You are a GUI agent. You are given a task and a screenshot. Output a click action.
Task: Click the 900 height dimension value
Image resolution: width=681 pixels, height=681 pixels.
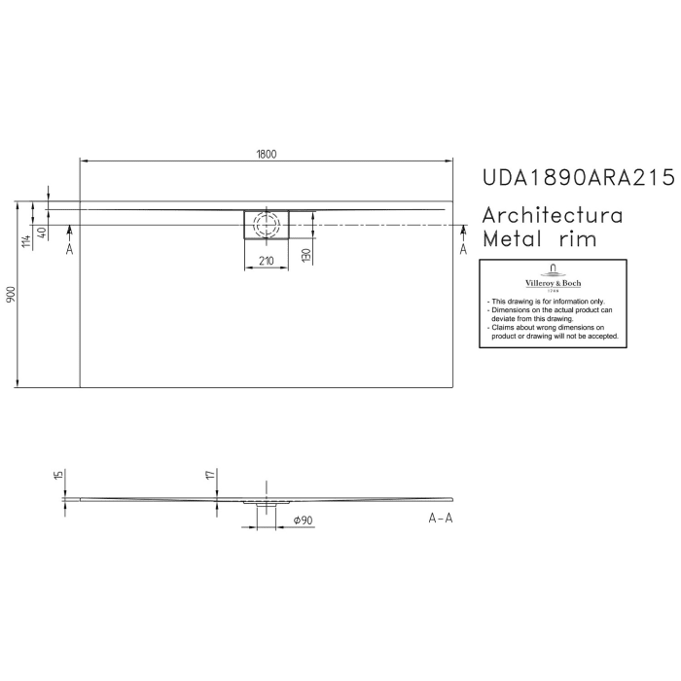tap(11, 295)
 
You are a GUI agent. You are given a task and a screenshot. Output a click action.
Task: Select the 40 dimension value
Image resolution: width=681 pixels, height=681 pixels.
tap(43, 233)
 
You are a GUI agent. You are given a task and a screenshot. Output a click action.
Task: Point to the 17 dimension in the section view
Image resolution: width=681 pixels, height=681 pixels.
tap(210, 475)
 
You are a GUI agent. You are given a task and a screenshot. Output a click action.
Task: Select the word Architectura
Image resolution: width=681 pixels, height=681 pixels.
tap(553, 215)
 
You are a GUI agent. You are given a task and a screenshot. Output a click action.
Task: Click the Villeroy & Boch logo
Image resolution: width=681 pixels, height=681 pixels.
tap(553, 276)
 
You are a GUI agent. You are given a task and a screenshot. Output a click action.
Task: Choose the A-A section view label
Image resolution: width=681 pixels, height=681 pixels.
tap(441, 518)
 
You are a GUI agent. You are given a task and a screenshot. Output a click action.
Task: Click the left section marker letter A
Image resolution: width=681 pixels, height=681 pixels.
tap(69, 250)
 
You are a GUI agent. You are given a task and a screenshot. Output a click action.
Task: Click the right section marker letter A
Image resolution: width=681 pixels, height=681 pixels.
tap(463, 250)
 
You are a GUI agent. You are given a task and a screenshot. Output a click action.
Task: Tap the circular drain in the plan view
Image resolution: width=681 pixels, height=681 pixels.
tap(265, 224)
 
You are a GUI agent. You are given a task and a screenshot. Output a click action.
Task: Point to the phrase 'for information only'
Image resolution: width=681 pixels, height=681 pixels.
tap(573, 303)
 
